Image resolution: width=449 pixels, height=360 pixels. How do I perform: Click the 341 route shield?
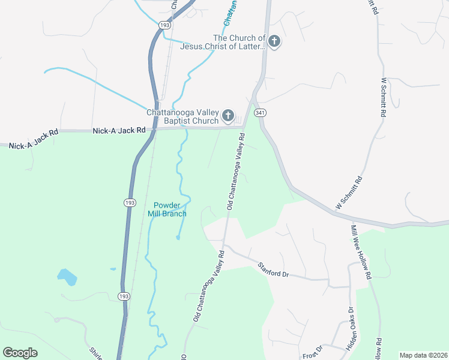260,113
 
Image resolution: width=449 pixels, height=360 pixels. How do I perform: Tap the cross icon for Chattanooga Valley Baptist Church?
228,115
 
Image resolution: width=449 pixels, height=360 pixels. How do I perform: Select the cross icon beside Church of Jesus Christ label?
274,41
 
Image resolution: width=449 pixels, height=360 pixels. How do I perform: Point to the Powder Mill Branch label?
167,209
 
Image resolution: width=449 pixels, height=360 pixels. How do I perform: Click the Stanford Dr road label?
274,269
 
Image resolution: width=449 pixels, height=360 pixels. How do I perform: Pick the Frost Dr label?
313,350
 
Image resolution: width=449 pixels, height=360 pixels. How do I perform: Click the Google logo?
20,353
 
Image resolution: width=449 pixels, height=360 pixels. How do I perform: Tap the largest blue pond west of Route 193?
67,277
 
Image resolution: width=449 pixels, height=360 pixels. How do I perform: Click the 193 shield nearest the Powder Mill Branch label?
130,203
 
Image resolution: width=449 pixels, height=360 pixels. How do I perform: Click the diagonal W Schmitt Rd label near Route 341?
349,193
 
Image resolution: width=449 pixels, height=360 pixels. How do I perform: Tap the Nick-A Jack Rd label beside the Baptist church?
119,130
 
